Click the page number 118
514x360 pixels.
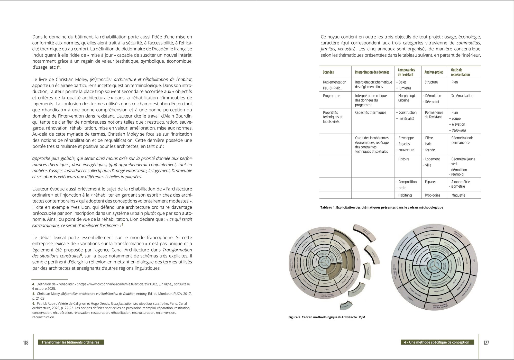25,343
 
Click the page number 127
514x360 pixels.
486,343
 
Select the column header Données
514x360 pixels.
328,72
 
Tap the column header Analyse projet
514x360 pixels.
434,72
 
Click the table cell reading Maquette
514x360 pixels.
458,195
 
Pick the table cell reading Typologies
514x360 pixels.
432,195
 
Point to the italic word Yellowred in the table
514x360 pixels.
459,130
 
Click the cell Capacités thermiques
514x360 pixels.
370,113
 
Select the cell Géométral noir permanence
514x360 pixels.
462,140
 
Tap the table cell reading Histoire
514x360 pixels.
403,159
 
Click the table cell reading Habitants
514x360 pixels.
405,195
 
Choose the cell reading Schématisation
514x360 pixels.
462,96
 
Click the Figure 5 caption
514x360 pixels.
327,317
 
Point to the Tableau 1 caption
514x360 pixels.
381,208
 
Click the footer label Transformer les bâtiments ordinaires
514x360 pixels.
70,342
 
